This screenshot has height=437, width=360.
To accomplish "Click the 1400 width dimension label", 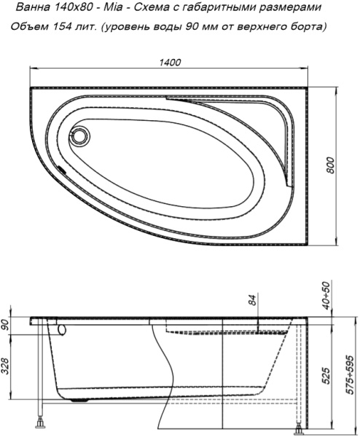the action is pyautogui.click(x=170, y=63).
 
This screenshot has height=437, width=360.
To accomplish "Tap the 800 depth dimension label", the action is pyautogui.click(x=330, y=165).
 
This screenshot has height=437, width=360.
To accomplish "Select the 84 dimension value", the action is pyautogui.click(x=252, y=300).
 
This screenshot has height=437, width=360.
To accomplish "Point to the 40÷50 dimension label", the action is pyautogui.click(x=326, y=295).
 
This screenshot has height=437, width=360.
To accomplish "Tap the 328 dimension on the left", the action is pyautogui.click(x=6, y=367).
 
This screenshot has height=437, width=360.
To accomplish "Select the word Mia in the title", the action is pyautogui.click(x=113, y=7).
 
